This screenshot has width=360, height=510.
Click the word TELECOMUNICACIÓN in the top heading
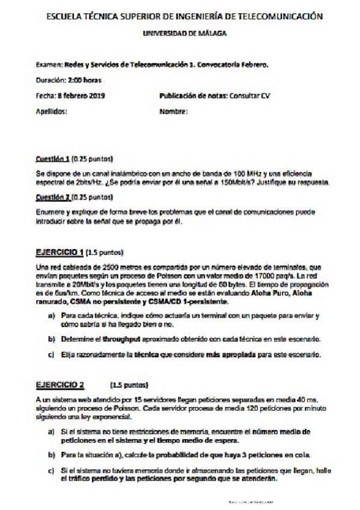click(279, 16)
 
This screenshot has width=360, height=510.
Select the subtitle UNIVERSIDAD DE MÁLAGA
click(185, 34)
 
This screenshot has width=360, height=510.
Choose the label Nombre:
click(174, 111)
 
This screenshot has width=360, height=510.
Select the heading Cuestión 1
click(52, 160)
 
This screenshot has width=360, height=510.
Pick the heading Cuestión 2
click(52, 197)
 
